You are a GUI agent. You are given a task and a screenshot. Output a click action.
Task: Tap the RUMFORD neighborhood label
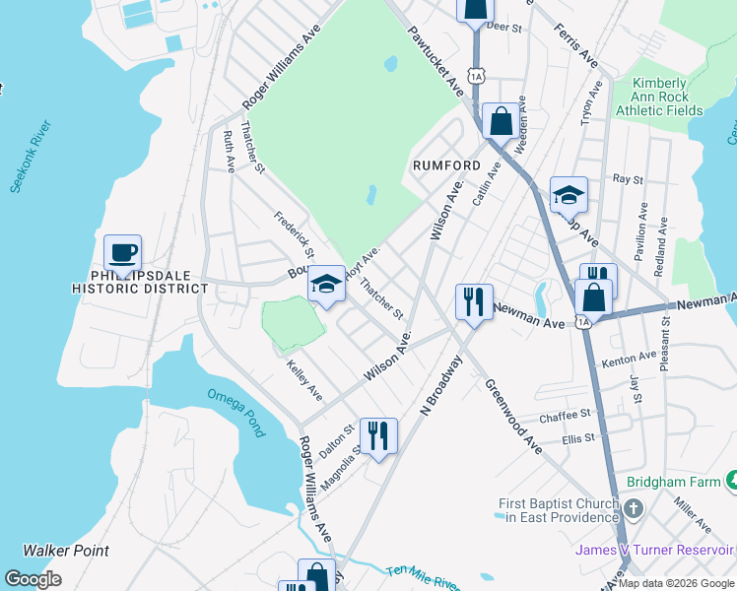point(446,165)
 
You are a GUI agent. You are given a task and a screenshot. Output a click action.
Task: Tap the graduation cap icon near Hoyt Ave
point(325,285)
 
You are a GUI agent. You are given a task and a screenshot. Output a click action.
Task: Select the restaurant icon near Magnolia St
point(378,435)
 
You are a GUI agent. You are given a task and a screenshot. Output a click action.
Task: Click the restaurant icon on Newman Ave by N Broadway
point(474,300)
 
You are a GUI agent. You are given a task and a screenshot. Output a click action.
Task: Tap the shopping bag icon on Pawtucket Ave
point(501,123)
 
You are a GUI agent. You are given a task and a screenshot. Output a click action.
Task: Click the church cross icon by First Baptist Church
point(633,509)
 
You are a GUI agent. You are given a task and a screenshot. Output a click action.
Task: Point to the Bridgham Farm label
point(675,484)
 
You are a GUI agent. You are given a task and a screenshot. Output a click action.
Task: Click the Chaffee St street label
point(565,416)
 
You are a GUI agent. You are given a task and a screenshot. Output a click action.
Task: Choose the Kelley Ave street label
point(303,380)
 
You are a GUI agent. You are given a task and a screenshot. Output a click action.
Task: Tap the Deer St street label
point(502,29)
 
